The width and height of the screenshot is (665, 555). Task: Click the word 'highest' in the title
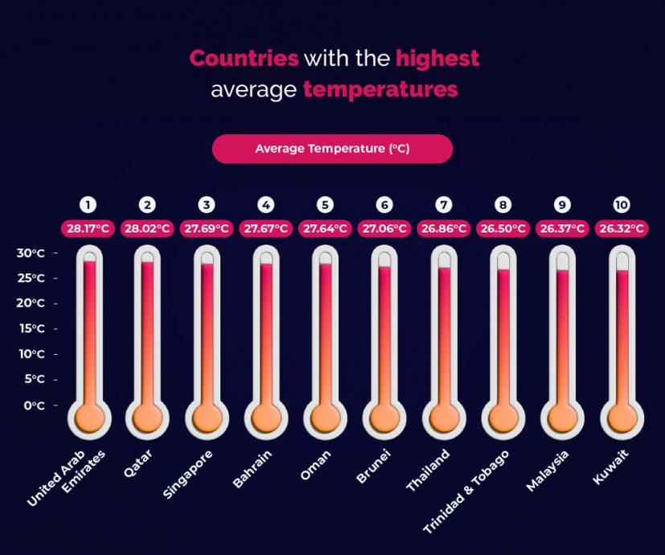click(x=437, y=59)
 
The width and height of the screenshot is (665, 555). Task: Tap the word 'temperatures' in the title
click(x=380, y=89)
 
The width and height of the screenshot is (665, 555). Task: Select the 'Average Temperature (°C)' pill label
click(x=332, y=149)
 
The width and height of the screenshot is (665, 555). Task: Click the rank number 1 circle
click(x=88, y=204)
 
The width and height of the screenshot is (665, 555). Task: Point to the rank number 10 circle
click(x=621, y=204)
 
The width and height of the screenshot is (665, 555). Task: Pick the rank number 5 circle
click(x=325, y=204)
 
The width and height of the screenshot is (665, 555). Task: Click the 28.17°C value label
click(x=88, y=228)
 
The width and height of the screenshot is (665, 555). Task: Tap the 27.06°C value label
click(x=384, y=228)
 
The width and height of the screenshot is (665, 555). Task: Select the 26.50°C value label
click(x=503, y=228)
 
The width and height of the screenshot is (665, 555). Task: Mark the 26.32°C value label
click(x=621, y=228)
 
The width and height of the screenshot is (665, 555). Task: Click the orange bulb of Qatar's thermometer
click(x=147, y=417)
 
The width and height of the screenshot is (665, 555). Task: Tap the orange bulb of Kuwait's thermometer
click(x=621, y=417)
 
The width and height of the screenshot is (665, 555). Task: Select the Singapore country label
click(x=190, y=474)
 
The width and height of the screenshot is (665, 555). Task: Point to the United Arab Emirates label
click(x=64, y=479)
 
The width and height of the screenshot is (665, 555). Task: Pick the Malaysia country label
click(x=548, y=470)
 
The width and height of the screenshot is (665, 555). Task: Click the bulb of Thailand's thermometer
click(x=443, y=417)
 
